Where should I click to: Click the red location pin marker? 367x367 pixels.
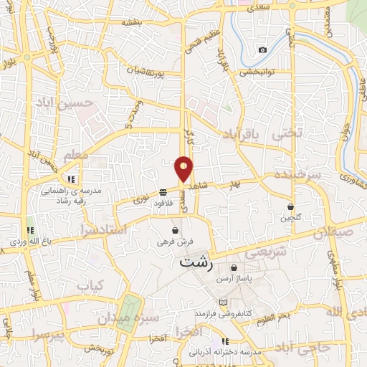click(x=184, y=168)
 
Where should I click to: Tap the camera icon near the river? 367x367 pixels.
click(x=262, y=49)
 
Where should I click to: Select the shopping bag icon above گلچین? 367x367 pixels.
click(x=290, y=206)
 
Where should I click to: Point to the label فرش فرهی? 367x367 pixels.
click(x=176, y=242)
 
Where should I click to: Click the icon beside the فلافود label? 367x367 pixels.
click(x=163, y=192)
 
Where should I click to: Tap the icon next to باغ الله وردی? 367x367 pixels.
click(x=30, y=230)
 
